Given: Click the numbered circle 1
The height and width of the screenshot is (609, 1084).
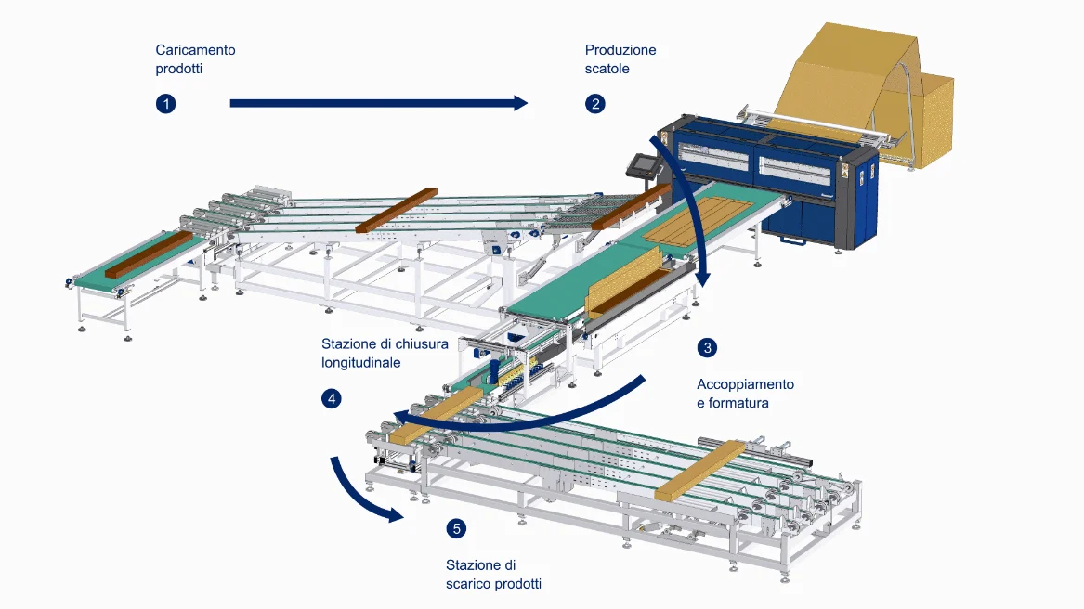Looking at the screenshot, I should tap(166, 103).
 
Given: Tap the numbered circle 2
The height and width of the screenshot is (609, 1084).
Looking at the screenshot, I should tap(595, 103).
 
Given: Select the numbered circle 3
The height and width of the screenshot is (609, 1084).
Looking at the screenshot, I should tap(708, 348).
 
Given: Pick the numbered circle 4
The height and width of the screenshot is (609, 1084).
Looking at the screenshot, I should tap(332, 399).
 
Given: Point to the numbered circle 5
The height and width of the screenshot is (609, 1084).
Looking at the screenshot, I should tap(456, 529).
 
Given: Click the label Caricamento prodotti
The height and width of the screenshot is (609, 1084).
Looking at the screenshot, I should tap(195, 59).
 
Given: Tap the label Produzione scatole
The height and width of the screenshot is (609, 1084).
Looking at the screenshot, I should tap(620, 59).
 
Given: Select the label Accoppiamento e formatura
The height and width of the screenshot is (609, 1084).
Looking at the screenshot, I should tap(746, 394).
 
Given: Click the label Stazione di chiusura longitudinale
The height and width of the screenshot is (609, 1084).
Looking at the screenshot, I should tap(385, 353).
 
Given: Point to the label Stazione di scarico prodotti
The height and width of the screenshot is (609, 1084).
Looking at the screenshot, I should tap(493, 575).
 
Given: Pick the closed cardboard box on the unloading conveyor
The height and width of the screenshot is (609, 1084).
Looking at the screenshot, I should tap(700, 471).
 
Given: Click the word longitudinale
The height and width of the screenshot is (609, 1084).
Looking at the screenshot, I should tap(361, 363).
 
